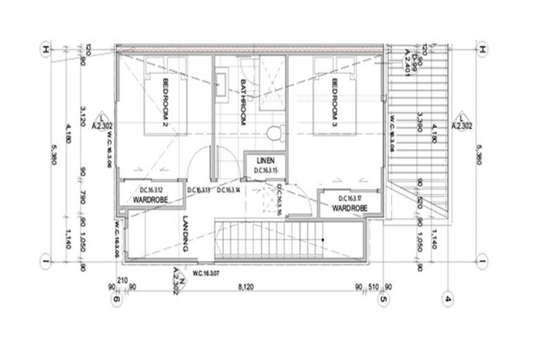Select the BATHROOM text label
tap(241, 102)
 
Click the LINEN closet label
tap(264, 160)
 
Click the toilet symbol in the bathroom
tap(274, 133)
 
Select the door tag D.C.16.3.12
tap(151, 191)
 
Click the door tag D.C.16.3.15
tap(264, 171)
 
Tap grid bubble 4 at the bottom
tap(447, 300)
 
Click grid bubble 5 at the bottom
tap(383, 300)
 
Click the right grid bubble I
tap(482, 264)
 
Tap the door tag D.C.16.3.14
tap(229, 191)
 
